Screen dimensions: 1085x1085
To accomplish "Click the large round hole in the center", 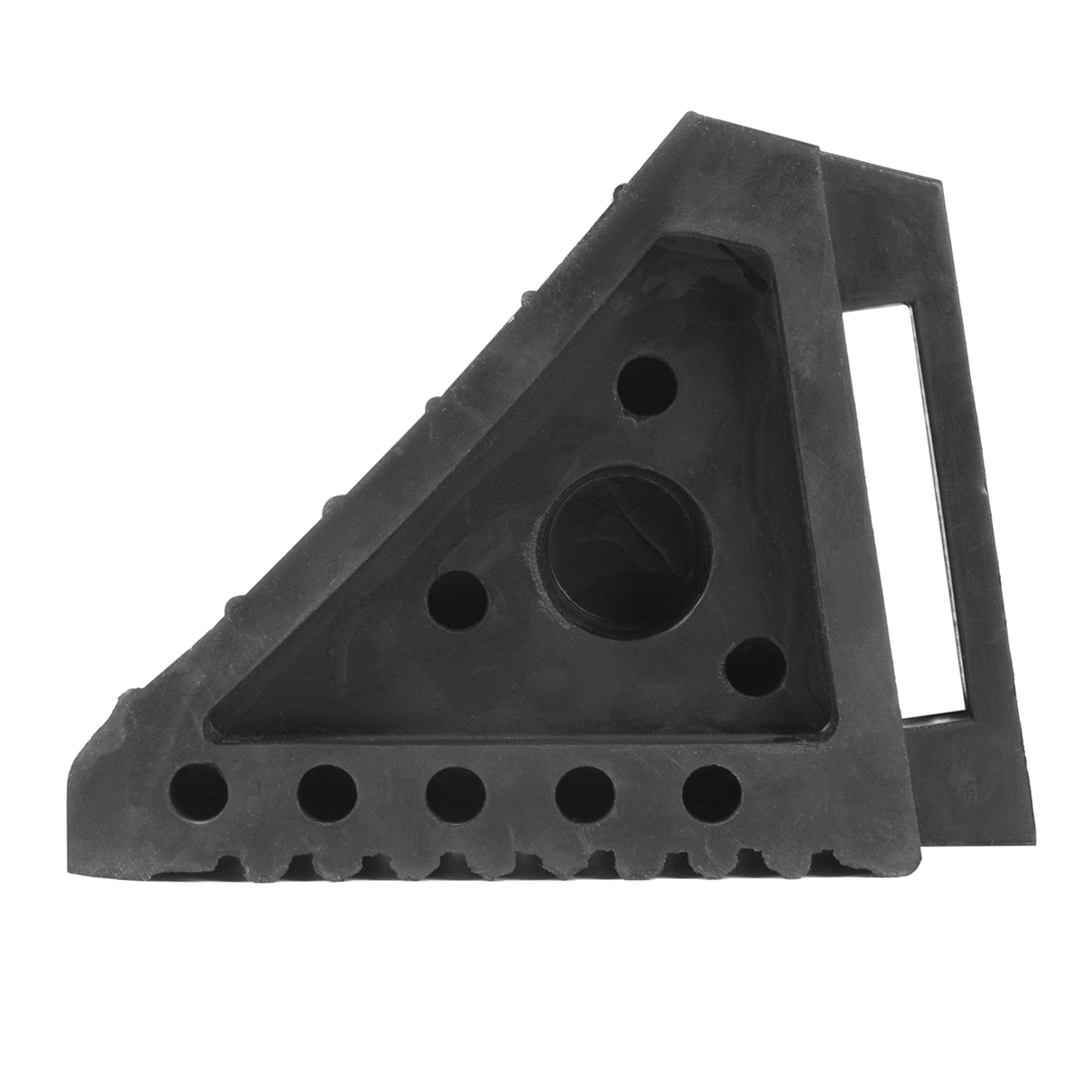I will pos(624,541).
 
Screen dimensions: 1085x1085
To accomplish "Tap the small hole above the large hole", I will pos(647,386).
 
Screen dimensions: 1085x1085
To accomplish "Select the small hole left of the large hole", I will pos(457,600).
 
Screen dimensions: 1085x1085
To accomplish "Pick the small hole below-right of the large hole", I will pos(756,666).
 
